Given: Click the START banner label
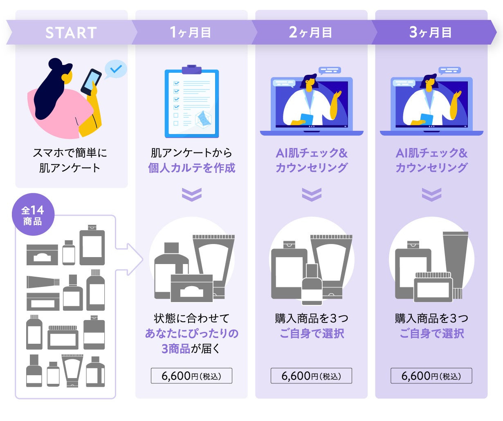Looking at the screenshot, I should (x=71, y=33).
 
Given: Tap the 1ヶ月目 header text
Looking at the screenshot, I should (x=190, y=32).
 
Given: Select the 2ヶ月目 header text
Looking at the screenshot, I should (x=310, y=32).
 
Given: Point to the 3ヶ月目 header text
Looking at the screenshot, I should (x=430, y=32).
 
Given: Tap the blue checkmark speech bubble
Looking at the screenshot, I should (x=115, y=69).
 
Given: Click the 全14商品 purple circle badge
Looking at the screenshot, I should (x=33, y=215).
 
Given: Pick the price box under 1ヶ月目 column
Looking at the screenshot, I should (x=191, y=376).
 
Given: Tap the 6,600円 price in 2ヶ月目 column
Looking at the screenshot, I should (x=311, y=376).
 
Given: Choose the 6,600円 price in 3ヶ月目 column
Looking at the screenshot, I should (x=431, y=376).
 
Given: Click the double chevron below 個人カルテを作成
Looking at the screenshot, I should (x=191, y=194).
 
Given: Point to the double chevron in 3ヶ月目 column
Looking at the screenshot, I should (x=431, y=194).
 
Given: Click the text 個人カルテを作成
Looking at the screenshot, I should (x=191, y=168).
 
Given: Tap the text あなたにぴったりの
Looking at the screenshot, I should (x=191, y=334).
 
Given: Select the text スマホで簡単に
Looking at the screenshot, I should (x=70, y=153).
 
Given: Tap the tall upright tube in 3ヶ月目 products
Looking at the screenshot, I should (x=455, y=262).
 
